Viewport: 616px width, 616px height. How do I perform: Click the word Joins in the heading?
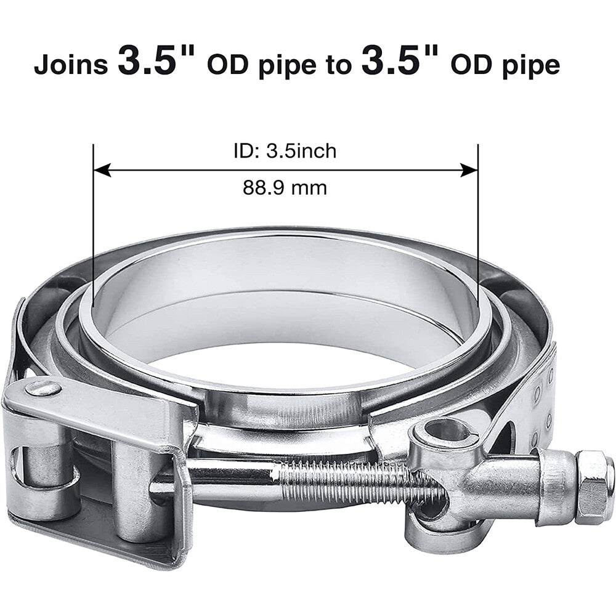71,65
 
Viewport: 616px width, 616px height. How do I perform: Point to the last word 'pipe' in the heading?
531,67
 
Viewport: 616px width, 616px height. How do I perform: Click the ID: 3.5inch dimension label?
285,151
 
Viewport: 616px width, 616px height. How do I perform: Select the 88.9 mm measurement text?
285,187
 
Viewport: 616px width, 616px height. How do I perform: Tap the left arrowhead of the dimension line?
102,171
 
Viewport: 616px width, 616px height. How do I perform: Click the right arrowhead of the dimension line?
469,171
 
